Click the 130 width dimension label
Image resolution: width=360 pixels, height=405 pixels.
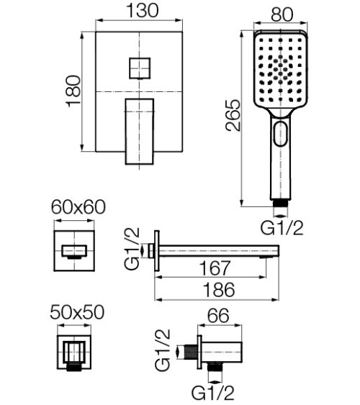(x=143, y=11)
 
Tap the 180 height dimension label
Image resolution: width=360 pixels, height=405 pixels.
(x=73, y=91)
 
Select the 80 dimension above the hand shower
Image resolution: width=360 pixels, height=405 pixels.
(x=282, y=14)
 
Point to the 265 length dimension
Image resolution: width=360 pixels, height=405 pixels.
(x=233, y=115)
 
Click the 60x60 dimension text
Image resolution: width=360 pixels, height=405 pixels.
(x=78, y=207)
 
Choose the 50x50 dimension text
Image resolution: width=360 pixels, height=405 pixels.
(x=77, y=312)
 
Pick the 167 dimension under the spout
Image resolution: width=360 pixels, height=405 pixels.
(x=215, y=268)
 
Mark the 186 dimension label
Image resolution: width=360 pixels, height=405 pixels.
(x=219, y=290)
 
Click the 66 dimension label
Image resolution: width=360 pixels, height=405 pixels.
(x=219, y=315)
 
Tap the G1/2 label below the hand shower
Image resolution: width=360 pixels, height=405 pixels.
(x=282, y=228)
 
